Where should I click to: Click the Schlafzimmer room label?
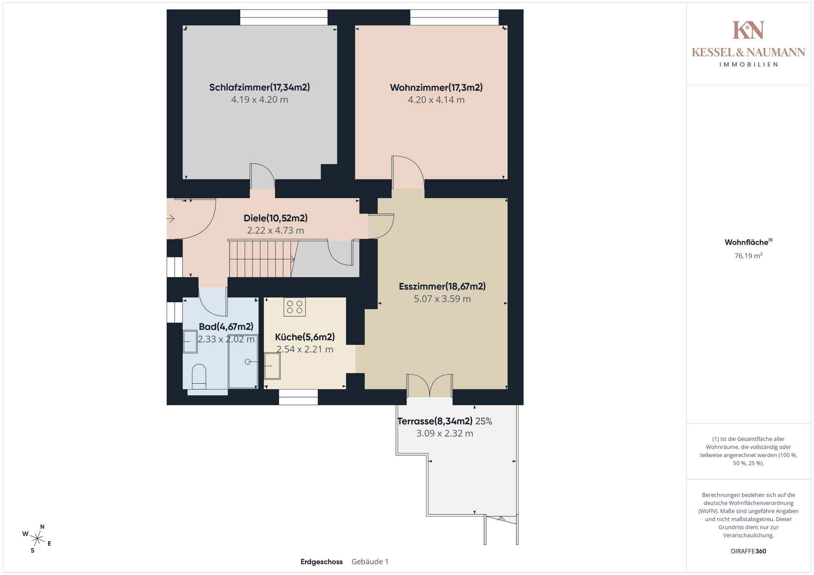259,87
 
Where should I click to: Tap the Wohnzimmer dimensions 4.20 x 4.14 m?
436,100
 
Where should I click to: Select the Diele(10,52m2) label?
276,218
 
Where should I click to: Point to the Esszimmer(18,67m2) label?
442,286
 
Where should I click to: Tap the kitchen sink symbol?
272,366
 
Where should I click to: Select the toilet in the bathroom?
199,376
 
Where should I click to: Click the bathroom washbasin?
190,341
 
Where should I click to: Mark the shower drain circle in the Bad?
248,362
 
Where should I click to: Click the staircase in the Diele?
262,258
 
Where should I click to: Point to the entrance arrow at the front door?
170,218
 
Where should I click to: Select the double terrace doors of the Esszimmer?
429,385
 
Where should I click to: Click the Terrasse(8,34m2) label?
435,421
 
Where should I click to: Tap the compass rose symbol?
37,539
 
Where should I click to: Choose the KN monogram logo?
748,30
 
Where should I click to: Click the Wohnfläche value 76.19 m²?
748,256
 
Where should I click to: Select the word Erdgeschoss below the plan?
321,562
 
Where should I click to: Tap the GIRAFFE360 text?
748,551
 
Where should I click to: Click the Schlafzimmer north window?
284,17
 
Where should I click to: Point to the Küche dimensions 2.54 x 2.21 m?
305,349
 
